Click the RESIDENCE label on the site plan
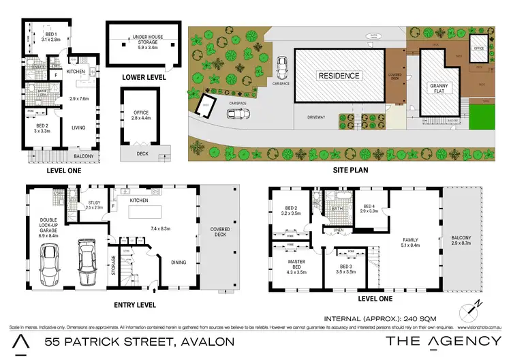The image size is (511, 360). click(338, 76)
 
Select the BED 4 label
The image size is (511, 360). click(370, 209)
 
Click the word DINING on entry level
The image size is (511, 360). click(179, 261)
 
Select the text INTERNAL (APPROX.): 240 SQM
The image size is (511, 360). click(380, 318)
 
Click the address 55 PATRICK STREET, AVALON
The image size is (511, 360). click(139, 341)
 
